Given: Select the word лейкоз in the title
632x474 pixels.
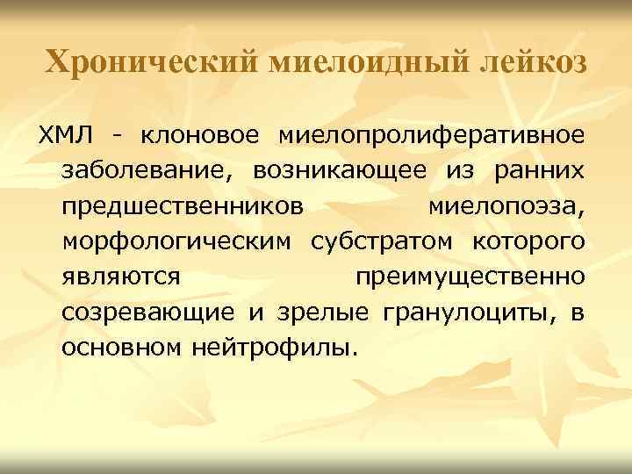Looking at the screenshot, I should click(x=535, y=61).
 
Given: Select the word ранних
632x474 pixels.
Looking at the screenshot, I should click(x=538, y=171).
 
